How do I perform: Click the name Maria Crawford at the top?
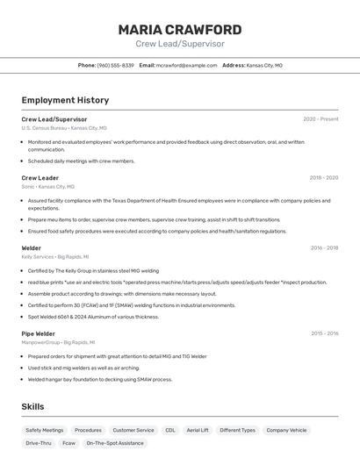(180, 29)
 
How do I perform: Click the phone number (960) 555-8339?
(115, 65)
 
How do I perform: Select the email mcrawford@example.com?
(186, 65)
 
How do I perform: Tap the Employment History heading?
(65, 101)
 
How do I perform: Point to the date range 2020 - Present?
(320, 118)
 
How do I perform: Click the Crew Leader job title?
(40, 177)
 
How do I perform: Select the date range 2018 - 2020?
(323, 177)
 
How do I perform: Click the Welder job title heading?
(32, 248)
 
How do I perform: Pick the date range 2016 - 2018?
(324, 248)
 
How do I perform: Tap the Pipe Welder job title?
(39, 333)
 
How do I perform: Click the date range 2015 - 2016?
(324, 333)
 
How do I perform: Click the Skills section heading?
(32, 407)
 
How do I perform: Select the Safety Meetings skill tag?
(44, 430)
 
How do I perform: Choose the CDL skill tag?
(170, 430)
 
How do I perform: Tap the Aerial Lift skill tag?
(198, 430)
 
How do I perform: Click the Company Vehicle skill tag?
(286, 430)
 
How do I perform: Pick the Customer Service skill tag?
(133, 430)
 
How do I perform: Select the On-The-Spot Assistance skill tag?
(114, 443)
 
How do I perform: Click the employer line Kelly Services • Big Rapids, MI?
(59, 257)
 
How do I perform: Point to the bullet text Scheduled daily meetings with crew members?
(82, 161)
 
